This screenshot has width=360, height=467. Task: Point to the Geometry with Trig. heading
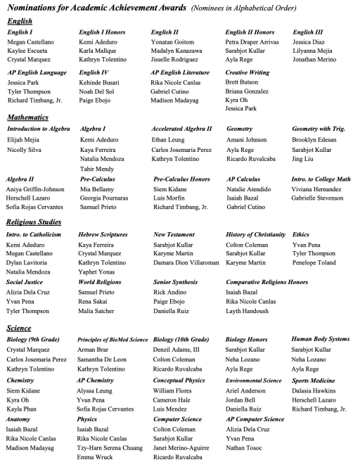pyautogui.click(x=320, y=129)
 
